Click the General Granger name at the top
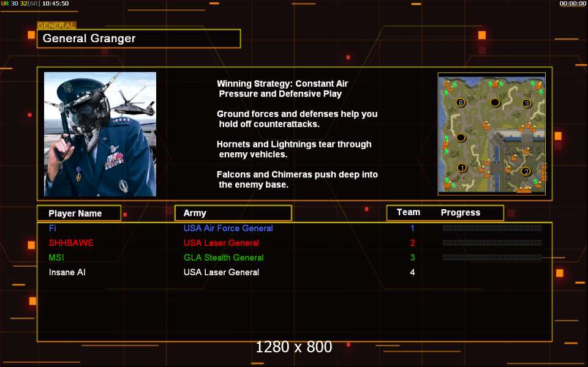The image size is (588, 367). (89, 38)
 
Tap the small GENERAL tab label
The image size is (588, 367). (56, 26)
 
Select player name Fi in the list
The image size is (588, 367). (53, 228)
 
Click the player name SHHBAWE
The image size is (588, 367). (71, 243)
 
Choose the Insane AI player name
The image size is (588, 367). (67, 272)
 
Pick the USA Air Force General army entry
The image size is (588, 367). (228, 228)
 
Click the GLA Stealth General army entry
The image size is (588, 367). (224, 258)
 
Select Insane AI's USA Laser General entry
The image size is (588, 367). (221, 272)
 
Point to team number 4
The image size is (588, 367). (412, 272)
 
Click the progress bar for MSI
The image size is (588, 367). (492, 258)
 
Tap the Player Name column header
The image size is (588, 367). (75, 213)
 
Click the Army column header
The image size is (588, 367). (195, 213)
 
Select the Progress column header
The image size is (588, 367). (461, 213)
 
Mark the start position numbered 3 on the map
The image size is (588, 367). (527, 103)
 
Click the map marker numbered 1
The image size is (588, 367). (462, 168)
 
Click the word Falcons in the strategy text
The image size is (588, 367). (232, 174)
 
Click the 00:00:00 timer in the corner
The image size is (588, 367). (573, 4)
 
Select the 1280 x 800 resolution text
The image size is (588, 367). (294, 347)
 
